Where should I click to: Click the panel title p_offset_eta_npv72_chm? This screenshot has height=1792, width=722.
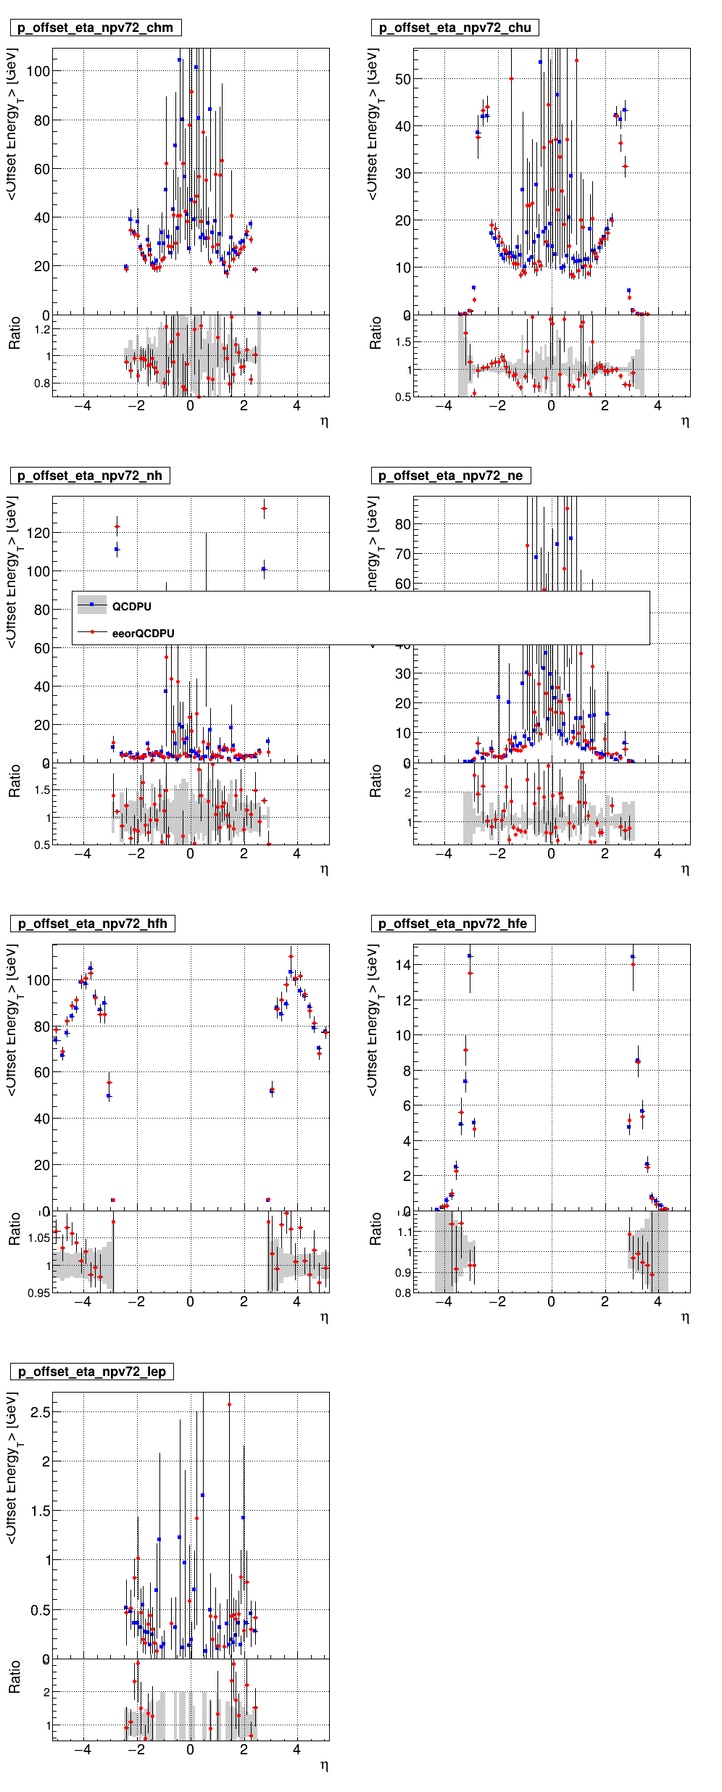tap(95, 28)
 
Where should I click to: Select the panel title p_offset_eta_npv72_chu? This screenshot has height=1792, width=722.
tap(455, 28)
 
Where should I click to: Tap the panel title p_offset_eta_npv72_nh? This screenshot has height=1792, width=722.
tap(90, 476)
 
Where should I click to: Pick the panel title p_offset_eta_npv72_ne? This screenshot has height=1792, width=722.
tap(451, 476)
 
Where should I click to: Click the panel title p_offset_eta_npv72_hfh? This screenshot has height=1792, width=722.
tap(92, 924)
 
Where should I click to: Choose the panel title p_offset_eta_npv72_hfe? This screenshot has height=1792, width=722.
tap(453, 924)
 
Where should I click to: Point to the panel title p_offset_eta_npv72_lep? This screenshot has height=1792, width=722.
tap(91, 1372)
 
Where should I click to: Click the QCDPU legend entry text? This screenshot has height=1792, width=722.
tap(132, 607)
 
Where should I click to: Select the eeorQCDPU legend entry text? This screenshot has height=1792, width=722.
tap(144, 634)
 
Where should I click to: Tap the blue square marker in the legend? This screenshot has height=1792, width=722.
tap(92, 604)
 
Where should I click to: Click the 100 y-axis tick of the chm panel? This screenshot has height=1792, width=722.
tap(38, 72)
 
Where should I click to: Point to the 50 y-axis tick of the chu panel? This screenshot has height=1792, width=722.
tap(403, 80)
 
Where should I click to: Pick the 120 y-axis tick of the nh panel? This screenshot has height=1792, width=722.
tap(38, 533)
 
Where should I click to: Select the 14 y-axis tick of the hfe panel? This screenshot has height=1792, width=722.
tap(403, 965)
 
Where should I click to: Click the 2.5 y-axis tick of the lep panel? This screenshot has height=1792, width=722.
tap(41, 1412)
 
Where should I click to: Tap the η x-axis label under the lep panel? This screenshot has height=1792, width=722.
tap(324, 1766)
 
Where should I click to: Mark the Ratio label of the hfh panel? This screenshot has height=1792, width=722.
tap(14, 1229)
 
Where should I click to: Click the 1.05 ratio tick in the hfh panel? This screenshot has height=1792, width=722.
tap(39, 1238)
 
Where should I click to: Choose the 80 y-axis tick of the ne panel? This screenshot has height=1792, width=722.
tap(403, 524)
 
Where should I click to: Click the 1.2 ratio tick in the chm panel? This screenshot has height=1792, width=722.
tap(42, 330)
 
